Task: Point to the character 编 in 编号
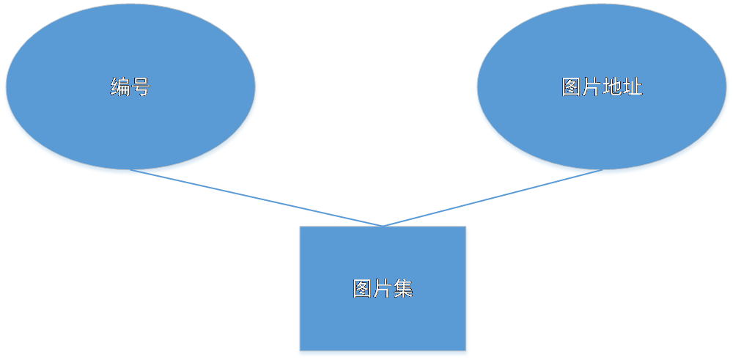click(120, 88)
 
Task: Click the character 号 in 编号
click(141, 88)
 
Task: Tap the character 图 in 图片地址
click(572, 87)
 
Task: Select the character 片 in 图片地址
click(592, 87)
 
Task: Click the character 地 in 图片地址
click(612, 87)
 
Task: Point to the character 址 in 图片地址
click(633, 87)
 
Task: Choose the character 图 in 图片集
click(363, 289)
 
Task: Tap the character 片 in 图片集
click(383, 289)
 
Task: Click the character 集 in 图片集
click(403, 289)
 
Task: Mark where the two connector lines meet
click(383, 226)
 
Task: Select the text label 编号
click(130, 88)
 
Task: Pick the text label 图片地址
click(602, 87)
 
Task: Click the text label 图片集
click(383, 289)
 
